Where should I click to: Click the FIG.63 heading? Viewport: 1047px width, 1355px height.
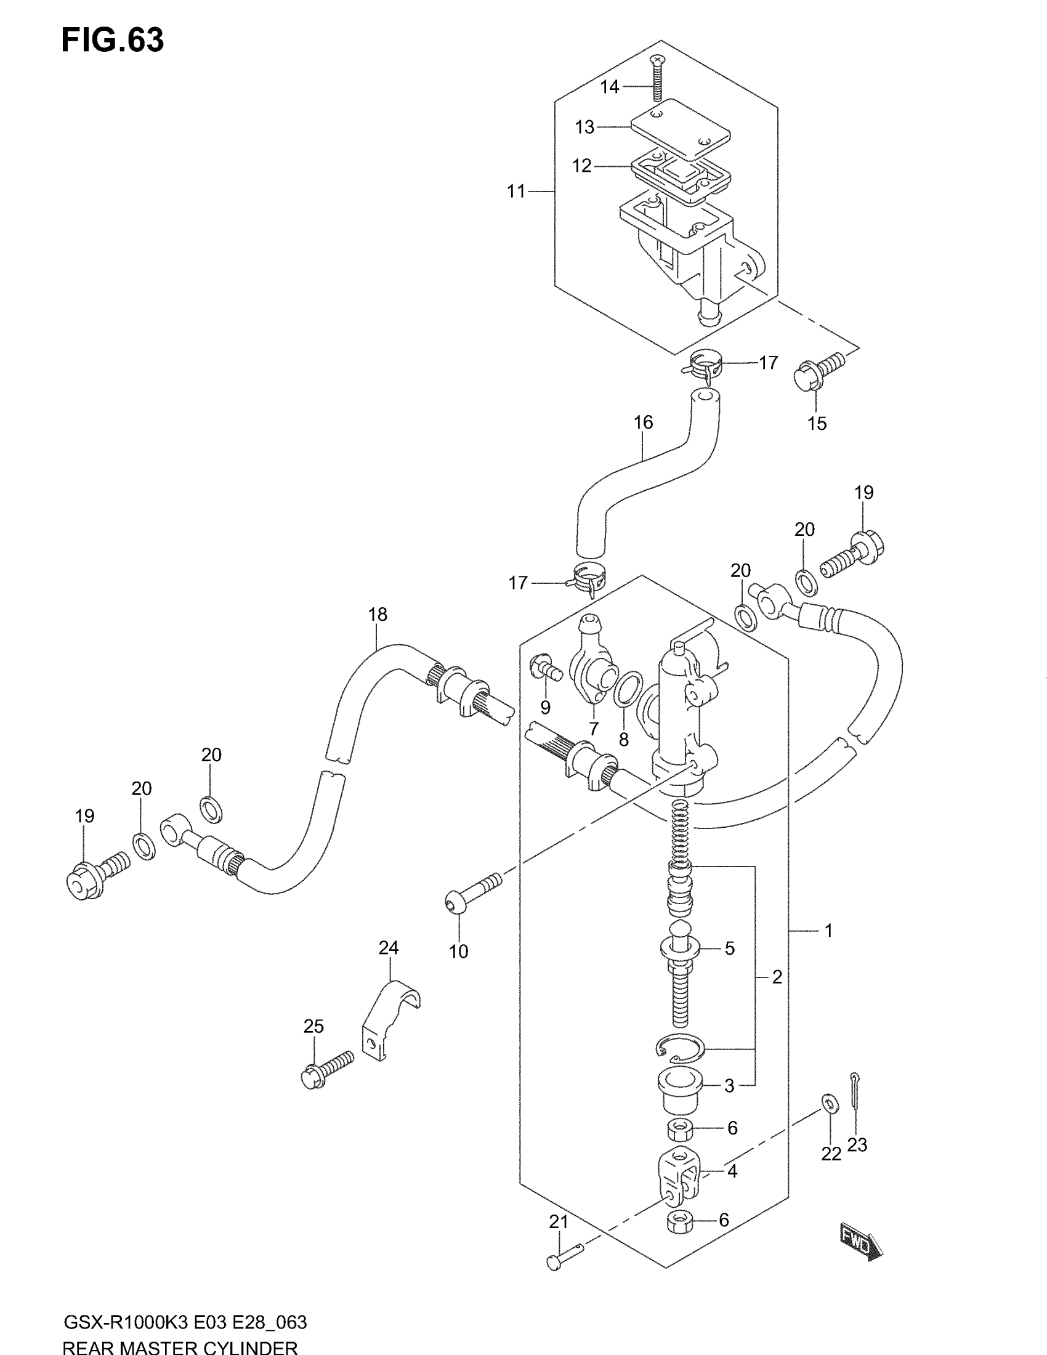(112, 40)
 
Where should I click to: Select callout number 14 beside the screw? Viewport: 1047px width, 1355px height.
(609, 87)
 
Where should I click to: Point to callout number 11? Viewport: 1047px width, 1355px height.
(516, 192)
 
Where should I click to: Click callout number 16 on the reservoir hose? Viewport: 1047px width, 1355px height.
(643, 423)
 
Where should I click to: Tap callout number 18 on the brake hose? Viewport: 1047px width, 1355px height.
(377, 614)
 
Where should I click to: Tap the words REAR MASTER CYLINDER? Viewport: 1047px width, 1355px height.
(180, 1348)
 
